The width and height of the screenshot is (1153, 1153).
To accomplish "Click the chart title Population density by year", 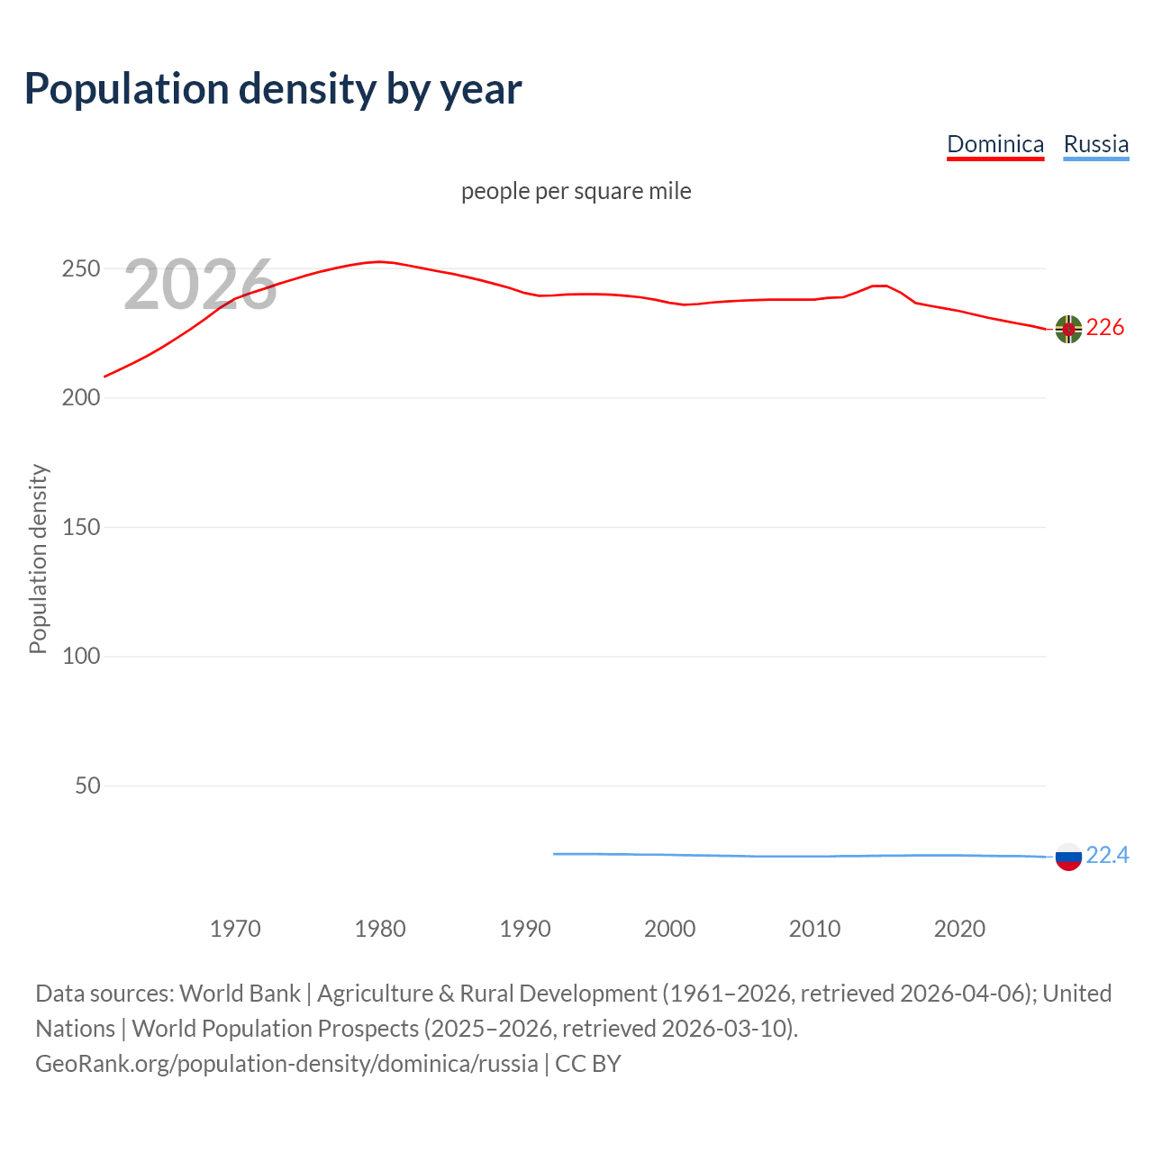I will pyautogui.click(x=273, y=89).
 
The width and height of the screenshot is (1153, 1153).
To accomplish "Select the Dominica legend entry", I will pyautogui.click(x=995, y=144).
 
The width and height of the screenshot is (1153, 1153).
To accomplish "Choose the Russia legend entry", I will pyautogui.click(x=1095, y=144).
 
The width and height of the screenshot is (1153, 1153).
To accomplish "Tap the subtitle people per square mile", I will pyautogui.click(x=576, y=191).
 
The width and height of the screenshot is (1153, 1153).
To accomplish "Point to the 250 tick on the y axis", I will pyautogui.click(x=80, y=268).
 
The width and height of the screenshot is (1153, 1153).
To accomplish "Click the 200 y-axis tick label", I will pyautogui.click(x=80, y=398).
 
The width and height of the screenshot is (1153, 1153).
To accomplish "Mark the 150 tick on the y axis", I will pyautogui.click(x=80, y=527).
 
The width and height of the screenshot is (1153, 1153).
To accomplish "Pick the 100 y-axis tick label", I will pyautogui.click(x=80, y=657).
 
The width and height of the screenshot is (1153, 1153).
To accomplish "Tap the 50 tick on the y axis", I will pyautogui.click(x=87, y=785).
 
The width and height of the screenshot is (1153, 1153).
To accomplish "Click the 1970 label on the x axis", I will pyautogui.click(x=235, y=929).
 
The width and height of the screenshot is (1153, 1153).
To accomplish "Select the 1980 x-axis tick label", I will pyautogui.click(x=380, y=929).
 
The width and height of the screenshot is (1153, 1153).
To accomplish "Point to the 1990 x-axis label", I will pyautogui.click(x=525, y=929).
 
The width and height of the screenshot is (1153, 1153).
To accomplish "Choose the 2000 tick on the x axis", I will pyautogui.click(x=670, y=929).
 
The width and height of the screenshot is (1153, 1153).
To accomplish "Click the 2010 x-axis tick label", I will pyautogui.click(x=815, y=929).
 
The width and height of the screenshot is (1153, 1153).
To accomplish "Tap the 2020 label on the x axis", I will pyautogui.click(x=960, y=929).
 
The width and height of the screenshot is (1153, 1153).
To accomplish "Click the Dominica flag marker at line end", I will pyautogui.click(x=1068, y=330).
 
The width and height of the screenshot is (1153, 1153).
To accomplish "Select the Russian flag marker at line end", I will pyautogui.click(x=1068, y=857).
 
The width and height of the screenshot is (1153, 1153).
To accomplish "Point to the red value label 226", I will pyautogui.click(x=1105, y=328).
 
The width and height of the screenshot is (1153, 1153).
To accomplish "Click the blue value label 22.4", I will pyautogui.click(x=1107, y=855).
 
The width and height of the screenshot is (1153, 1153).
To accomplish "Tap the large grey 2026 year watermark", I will pyautogui.click(x=200, y=285).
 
